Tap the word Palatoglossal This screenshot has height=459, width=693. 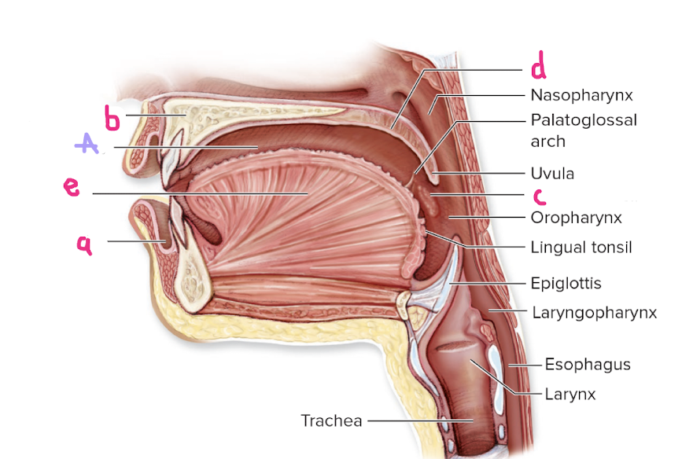click(x=583, y=121)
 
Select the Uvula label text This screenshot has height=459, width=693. click(x=552, y=173)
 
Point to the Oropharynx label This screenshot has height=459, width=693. click(x=577, y=217)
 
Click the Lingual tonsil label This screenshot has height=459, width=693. click(x=581, y=248)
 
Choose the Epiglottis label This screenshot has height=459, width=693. click(x=566, y=282)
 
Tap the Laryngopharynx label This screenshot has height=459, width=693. click(x=594, y=313)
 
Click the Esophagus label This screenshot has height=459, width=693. click(x=588, y=365)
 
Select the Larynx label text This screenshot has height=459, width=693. click(x=570, y=394)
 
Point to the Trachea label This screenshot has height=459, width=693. click(x=331, y=420)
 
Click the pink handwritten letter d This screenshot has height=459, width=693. click(x=538, y=68)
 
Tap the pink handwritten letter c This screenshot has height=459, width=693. click(x=539, y=195)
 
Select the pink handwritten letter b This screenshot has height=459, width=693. click(x=113, y=119)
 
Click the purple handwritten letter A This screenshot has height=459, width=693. click(x=86, y=143)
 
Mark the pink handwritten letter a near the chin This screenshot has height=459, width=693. click(x=84, y=245)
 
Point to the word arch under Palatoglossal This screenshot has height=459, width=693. click(x=547, y=141)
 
